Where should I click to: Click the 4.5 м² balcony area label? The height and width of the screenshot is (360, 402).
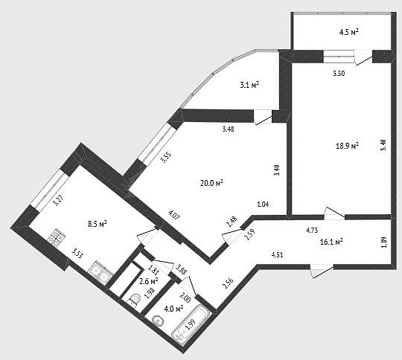click(x=348, y=33)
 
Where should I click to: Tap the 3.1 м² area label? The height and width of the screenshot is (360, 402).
click(x=249, y=85)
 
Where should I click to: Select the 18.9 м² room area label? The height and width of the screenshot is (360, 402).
click(x=347, y=146)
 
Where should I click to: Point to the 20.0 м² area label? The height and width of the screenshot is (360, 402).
click(x=211, y=183)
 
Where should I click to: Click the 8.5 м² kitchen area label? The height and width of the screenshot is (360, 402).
click(x=98, y=224)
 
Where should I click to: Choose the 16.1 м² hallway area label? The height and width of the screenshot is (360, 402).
click(x=332, y=242)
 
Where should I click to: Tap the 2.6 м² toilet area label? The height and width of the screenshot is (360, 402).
click(x=149, y=282)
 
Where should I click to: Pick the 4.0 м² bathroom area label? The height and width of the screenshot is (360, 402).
click(x=173, y=309)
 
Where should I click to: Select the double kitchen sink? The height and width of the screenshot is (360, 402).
click(x=100, y=273)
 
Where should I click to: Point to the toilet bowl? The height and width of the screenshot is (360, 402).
click(x=134, y=299)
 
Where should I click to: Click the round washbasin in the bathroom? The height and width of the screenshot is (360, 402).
click(x=157, y=321)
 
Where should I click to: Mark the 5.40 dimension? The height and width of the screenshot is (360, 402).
click(x=383, y=146)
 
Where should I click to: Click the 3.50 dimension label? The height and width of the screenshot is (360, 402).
click(x=339, y=74)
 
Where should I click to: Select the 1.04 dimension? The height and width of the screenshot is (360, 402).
click(x=264, y=205)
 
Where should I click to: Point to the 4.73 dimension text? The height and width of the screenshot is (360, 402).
click(x=312, y=230)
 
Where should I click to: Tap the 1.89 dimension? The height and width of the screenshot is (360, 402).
click(x=383, y=242)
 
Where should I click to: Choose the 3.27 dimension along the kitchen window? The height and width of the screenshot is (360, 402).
click(x=58, y=200)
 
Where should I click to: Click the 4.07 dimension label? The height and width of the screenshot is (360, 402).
click(x=174, y=215)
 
